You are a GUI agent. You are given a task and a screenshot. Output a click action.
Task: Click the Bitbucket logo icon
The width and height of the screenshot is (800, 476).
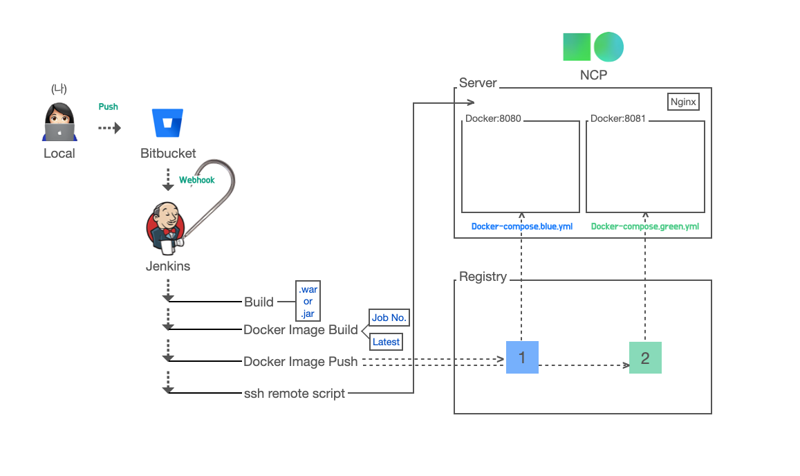pos(167,123)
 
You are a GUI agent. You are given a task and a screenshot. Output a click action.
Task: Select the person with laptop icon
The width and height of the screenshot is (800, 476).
pos(59,123)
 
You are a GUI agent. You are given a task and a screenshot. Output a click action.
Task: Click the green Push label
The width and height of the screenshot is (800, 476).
pos(108,107)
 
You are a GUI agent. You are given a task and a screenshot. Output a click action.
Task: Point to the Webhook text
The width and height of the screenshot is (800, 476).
pos(197,180)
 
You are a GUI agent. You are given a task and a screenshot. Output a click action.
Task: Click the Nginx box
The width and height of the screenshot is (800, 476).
pos(684,102)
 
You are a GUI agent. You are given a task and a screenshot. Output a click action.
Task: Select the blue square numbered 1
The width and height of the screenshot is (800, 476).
pos(522,358)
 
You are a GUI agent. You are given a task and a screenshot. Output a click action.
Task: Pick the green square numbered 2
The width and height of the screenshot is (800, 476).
pos(645,358)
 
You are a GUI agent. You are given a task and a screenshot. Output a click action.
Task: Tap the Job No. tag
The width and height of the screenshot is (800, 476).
pos(389,318)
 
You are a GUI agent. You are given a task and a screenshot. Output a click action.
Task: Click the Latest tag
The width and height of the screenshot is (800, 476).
pos(386,342)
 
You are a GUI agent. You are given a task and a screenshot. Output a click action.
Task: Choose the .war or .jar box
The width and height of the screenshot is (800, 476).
pos(308,302)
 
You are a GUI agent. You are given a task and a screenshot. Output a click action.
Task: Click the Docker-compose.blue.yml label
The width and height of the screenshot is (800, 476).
pos(521,226)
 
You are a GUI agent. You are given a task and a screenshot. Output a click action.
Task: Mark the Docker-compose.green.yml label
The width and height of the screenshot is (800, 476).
pos(644,226)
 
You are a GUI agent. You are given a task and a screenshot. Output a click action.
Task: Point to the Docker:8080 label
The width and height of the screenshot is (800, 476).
pos(493,118)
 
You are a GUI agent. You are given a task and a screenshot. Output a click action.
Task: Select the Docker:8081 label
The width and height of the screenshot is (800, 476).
pos(617,118)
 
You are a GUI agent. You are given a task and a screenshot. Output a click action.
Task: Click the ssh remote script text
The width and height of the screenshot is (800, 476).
pos(295,394)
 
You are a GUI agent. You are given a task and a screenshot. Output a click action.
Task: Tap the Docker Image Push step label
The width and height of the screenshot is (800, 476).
pos(301,361)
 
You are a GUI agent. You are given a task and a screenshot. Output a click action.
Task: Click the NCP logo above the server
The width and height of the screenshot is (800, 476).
pos(593,46)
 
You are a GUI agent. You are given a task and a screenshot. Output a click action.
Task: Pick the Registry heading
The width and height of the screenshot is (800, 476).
pos(483,277)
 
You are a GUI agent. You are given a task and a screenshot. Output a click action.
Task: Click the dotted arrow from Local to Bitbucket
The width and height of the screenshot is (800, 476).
pos(109,128)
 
